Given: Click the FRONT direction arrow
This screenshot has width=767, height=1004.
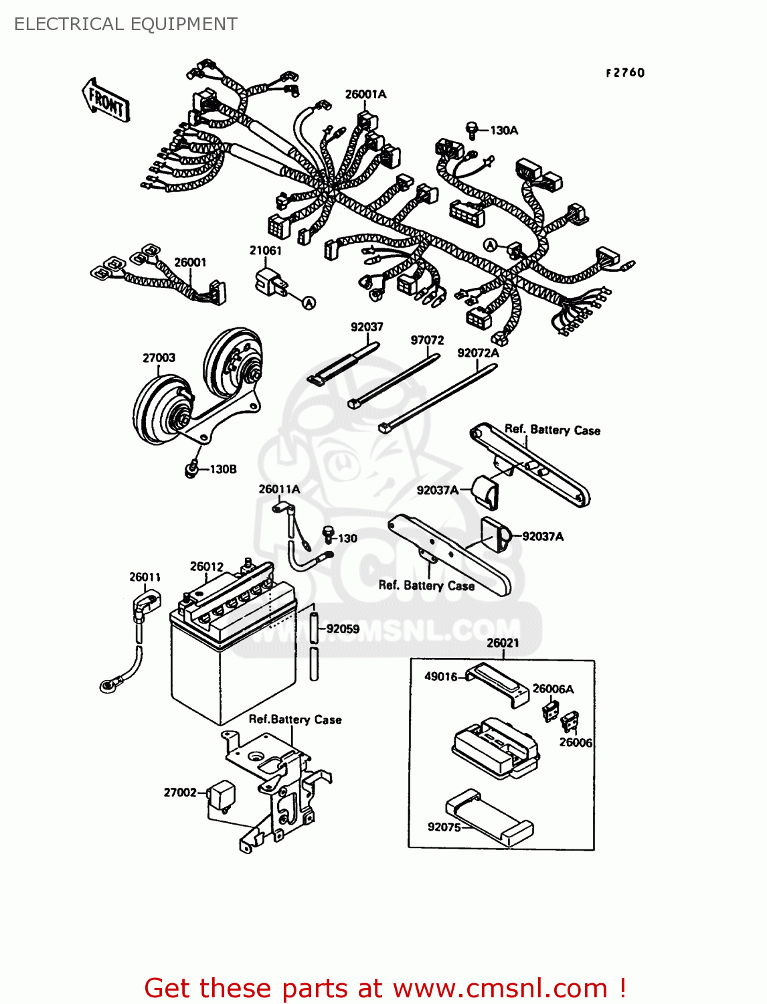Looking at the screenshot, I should click(x=106, y=100).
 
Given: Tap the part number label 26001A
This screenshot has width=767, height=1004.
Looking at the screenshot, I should click(x=365, y=94).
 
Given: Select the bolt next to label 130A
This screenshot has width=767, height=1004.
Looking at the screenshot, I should click(x=473, y=130).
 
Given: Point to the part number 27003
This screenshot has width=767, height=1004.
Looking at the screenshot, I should click(x=159, y=358).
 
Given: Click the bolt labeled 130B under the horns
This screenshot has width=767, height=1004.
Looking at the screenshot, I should click(x=192, y=469).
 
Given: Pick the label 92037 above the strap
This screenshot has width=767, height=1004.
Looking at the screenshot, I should click(x=367, y=327).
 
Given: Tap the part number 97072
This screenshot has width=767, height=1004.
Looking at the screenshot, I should click(x=427, y=340).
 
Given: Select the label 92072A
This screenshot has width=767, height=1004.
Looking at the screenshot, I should click(x=478, y=353).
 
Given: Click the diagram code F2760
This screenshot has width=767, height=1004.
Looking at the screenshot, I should click(x=625, y=73).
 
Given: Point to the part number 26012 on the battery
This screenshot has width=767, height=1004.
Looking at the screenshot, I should click(x=206, y=566).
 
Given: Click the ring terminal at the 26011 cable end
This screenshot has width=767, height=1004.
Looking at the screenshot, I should click(x=108, y=685).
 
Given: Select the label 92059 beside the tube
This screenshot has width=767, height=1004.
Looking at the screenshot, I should click(x=343, y=629).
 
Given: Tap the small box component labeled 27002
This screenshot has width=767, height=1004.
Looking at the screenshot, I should click(x=221, y=794).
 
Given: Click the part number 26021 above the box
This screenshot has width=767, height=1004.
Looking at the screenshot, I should click(x=503, y=643).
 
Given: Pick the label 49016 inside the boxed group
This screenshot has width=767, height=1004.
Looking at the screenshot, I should click(x=441, y=676).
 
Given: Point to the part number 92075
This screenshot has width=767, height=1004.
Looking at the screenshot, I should click(x=444, y=827).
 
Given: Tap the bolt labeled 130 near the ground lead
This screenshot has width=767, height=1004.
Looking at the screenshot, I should click(x=328, y=534).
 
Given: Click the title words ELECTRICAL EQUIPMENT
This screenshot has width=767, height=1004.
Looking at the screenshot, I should click(x=126, y=24).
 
